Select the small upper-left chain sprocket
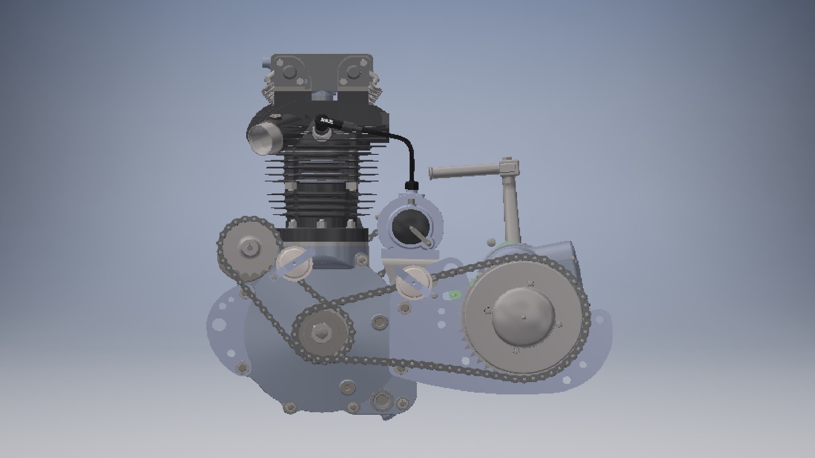point(249,248)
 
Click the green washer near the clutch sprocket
point(455,294)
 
